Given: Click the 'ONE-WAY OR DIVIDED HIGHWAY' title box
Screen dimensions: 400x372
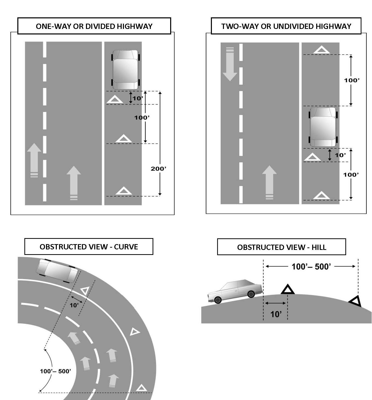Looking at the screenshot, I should point(94,26).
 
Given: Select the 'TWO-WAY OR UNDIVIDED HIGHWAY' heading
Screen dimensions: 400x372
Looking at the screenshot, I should point(286,26).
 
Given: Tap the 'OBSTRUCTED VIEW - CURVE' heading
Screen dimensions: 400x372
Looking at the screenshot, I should point(89,247).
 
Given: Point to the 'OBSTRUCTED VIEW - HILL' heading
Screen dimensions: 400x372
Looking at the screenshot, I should point(282,247).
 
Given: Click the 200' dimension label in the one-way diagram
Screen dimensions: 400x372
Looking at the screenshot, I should point(158,169).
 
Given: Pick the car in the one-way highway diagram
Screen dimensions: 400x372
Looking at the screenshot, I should point(125,70).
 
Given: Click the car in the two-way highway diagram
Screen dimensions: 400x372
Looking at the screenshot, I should point(323,127).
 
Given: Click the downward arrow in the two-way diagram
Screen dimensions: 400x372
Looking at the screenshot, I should point(230,64).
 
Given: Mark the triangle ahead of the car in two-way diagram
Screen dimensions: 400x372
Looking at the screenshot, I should point(321,50).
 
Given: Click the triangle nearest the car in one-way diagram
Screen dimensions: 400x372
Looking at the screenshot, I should point(115,100).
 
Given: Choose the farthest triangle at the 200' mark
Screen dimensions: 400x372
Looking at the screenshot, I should point(123,191).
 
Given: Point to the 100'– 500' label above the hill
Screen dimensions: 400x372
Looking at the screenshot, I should point(311,266).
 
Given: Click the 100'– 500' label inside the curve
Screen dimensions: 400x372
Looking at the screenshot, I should point(56,371).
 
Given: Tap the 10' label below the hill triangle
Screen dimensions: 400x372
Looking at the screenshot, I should point(276,314).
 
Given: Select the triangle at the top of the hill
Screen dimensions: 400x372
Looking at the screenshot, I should point(288,289).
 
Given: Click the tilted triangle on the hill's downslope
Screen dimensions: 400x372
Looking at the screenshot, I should point(355,301).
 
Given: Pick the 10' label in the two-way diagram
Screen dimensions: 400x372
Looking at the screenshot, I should point(340,155).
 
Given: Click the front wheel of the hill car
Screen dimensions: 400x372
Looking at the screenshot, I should point(251,294).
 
